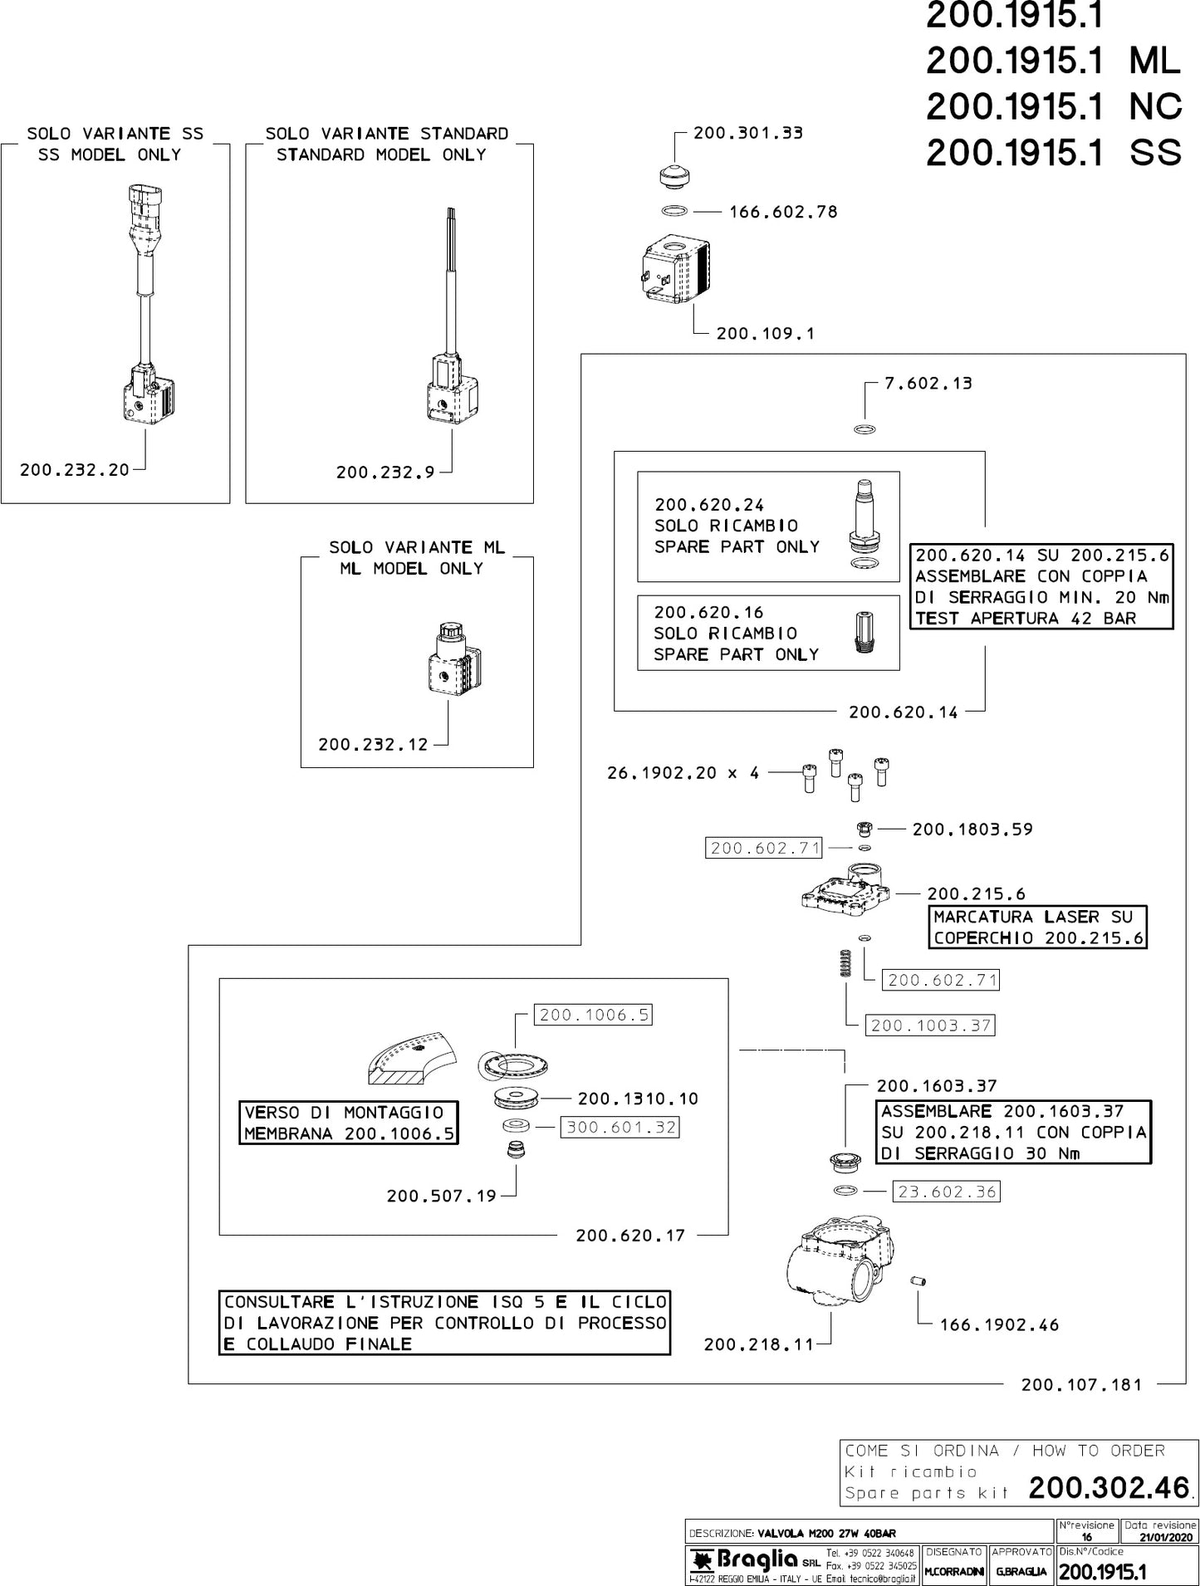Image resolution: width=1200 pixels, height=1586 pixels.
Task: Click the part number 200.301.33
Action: pos(747,133)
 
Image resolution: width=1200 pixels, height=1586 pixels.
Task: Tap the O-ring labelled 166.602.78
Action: pos(675,212)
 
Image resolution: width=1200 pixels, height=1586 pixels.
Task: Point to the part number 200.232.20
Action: pos(75,470)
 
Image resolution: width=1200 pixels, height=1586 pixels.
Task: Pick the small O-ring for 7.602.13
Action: pos(864,430)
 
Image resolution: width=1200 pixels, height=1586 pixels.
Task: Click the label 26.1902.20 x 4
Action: pos(683,773)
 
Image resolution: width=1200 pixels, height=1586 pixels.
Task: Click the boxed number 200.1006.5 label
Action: pos(594,1015)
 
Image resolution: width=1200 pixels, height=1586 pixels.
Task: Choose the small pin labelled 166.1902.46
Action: pos(918,1281)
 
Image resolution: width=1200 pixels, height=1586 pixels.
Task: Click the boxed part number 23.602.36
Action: pos(946,1192)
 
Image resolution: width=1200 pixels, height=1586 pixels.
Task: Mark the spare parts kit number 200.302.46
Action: pos(1109,1488)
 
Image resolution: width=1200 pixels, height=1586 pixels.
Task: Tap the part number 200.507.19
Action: pos(441,1197)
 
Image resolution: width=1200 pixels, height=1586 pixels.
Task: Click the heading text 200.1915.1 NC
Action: pos(1053,106)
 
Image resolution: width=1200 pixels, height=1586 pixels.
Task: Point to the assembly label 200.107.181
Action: pos(1081,1385)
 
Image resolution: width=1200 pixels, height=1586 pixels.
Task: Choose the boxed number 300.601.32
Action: pos(621,1128)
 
